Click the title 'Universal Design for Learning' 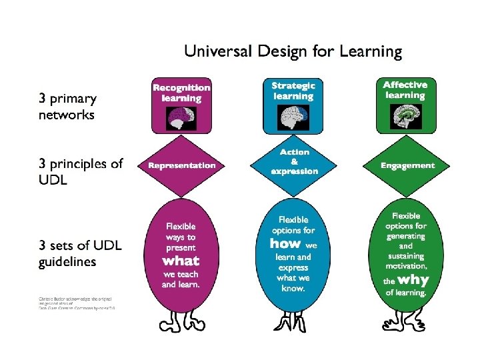coord(293,51)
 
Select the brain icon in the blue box coord(293,118)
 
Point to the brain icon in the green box coord(405,117)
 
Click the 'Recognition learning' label coord(181,92)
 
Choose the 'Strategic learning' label coord(293,90)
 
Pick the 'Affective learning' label coord(405,90)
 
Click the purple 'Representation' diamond coord(182,165)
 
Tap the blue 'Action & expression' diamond coord(294,162)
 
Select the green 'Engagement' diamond coord(407,165)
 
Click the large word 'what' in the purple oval coord(181,260)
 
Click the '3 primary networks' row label coord(67,107)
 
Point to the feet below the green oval coord(406,321)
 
